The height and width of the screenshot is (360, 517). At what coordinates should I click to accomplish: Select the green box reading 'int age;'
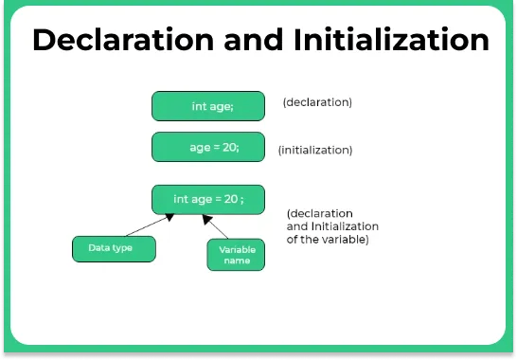pos(207,106)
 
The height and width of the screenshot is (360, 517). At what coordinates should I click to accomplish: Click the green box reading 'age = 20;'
pos(207,147)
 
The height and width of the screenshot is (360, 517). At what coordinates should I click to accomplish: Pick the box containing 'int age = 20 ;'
pos(207,199)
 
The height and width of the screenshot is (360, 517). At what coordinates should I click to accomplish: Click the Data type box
pos(114,248)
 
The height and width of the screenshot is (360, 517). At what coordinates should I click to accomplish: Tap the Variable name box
pos(236,255)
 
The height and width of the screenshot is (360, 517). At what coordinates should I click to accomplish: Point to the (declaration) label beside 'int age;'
pos(317,101)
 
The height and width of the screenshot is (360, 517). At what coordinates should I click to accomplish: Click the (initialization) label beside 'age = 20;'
pos(315,150)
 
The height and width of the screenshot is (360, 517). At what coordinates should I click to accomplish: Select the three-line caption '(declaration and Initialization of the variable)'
pos(332,227)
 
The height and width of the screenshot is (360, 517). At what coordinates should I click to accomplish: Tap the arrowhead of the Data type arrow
pos(171,217)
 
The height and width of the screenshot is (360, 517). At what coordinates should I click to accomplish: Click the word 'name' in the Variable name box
pos(237,261)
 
